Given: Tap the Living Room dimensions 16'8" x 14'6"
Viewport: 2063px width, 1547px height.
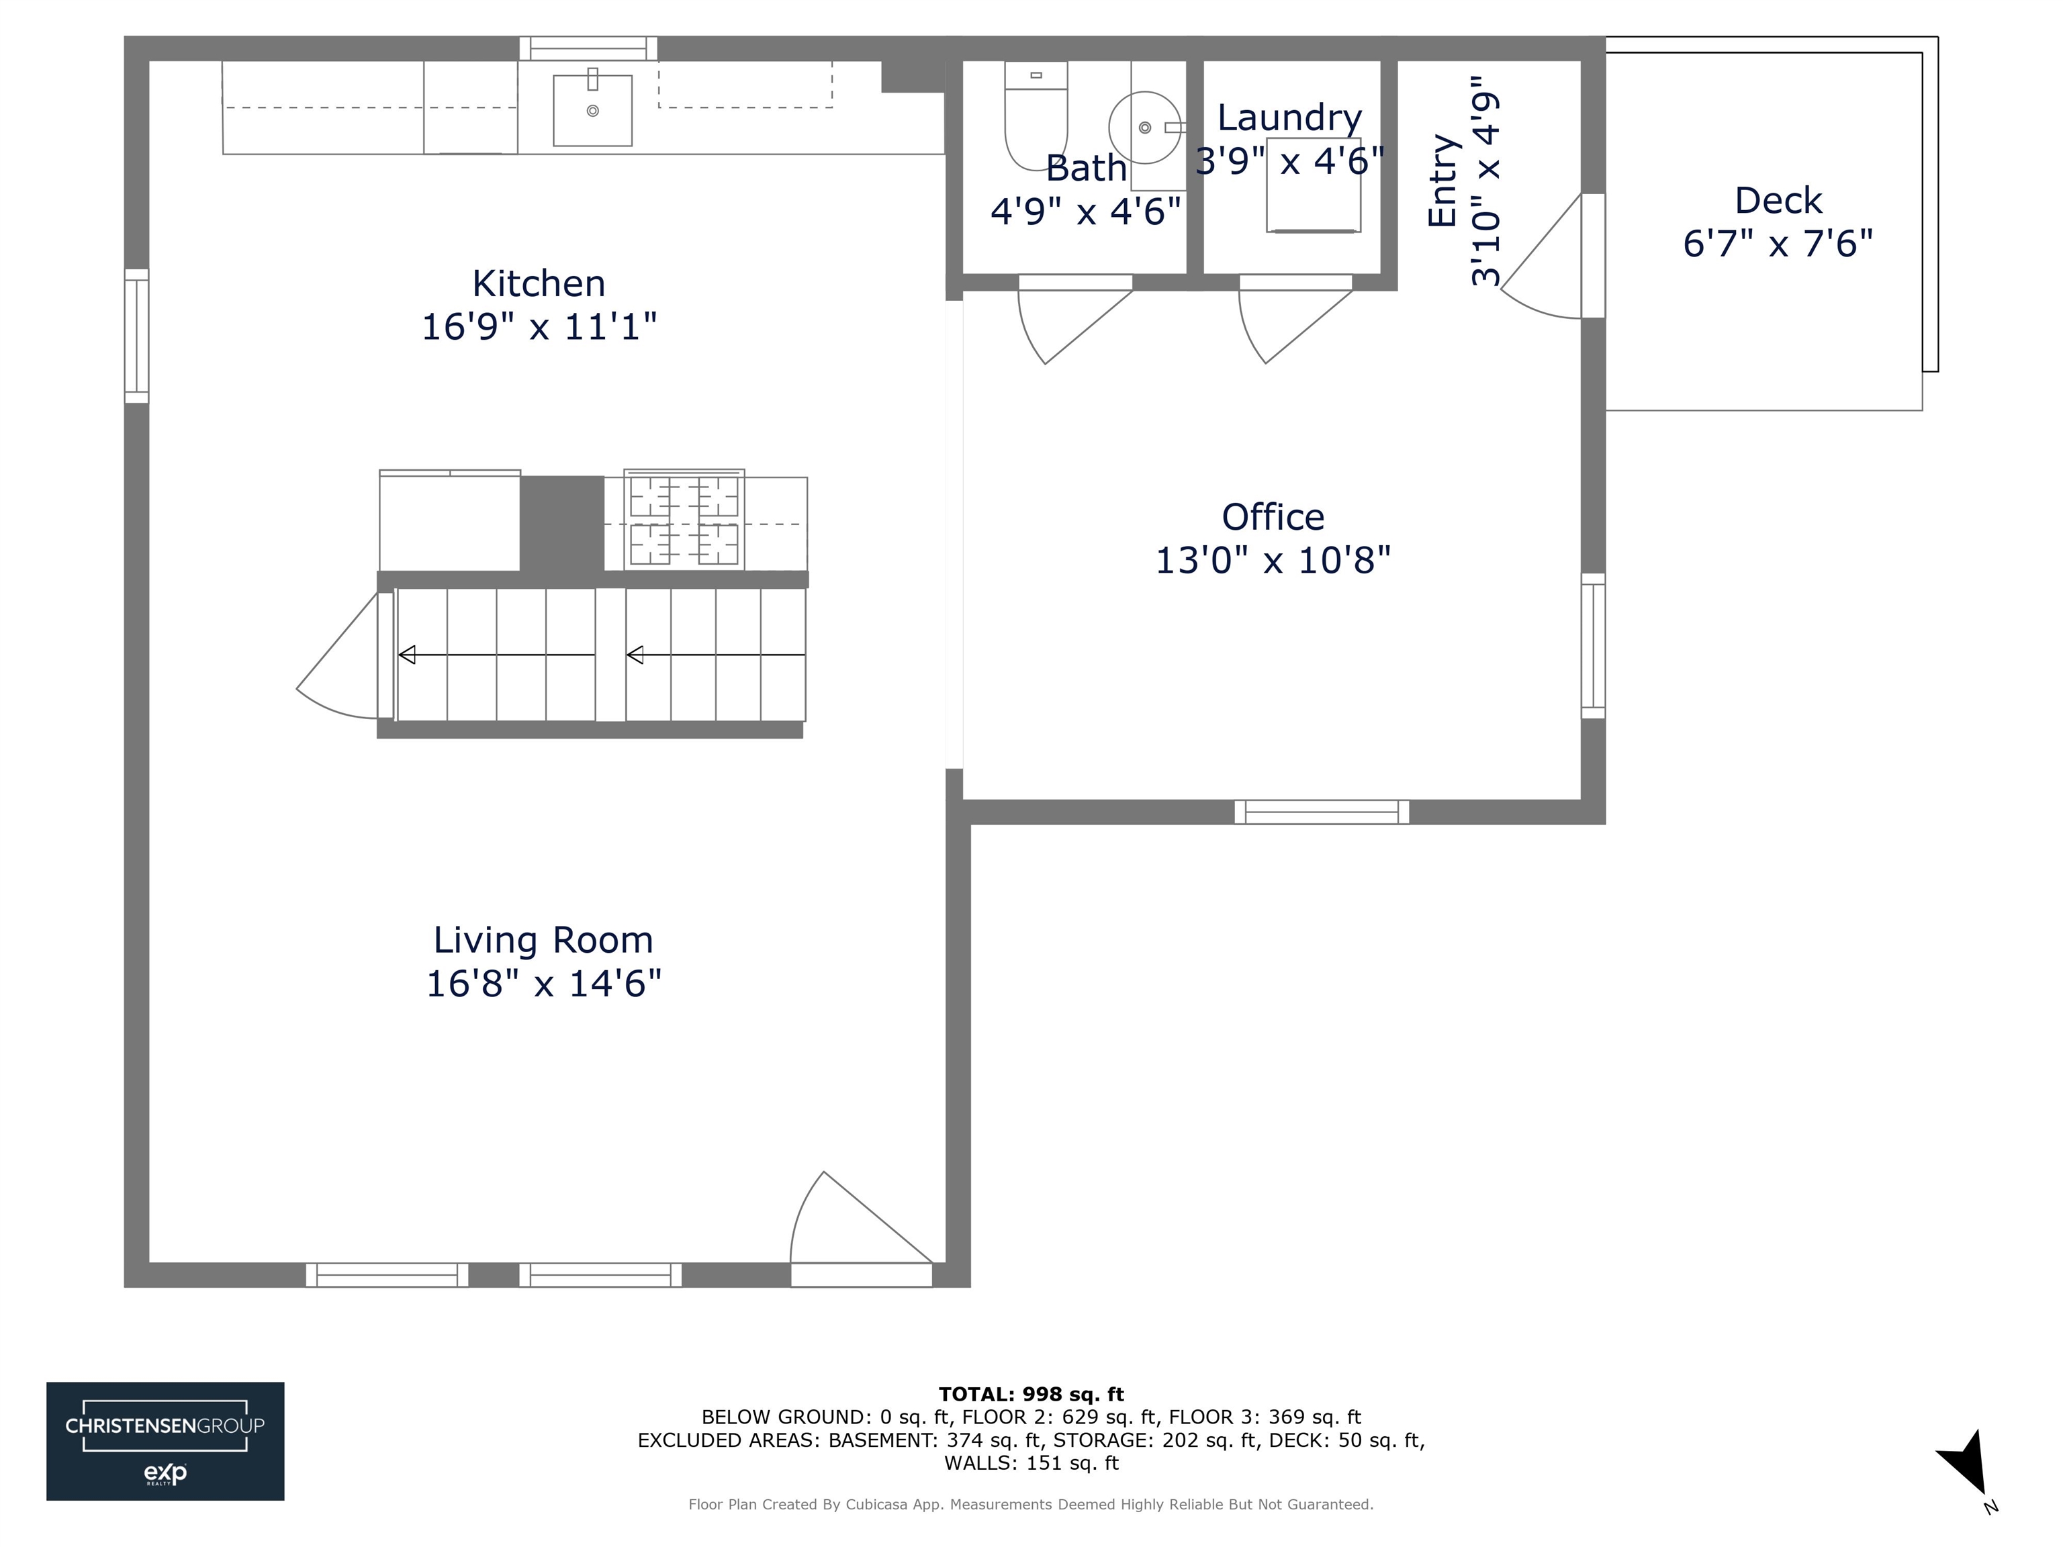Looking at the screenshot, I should click(544, 984).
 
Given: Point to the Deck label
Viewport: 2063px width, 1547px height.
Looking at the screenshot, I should click(1778, 201).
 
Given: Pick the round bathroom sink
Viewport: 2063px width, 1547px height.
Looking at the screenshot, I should click(1144, 128).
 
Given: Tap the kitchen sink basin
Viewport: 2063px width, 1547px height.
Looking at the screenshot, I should click(592, 111).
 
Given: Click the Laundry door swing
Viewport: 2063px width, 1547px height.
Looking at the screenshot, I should click(1288, 322).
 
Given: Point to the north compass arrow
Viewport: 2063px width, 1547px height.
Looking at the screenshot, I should click(1966, 1462).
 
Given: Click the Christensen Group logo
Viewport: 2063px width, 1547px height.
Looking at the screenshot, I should click(165, 1441).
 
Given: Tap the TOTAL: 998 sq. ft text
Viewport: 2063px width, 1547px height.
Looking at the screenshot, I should click(1031, 1394).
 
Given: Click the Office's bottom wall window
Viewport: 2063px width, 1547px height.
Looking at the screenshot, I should click(1322, 812).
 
